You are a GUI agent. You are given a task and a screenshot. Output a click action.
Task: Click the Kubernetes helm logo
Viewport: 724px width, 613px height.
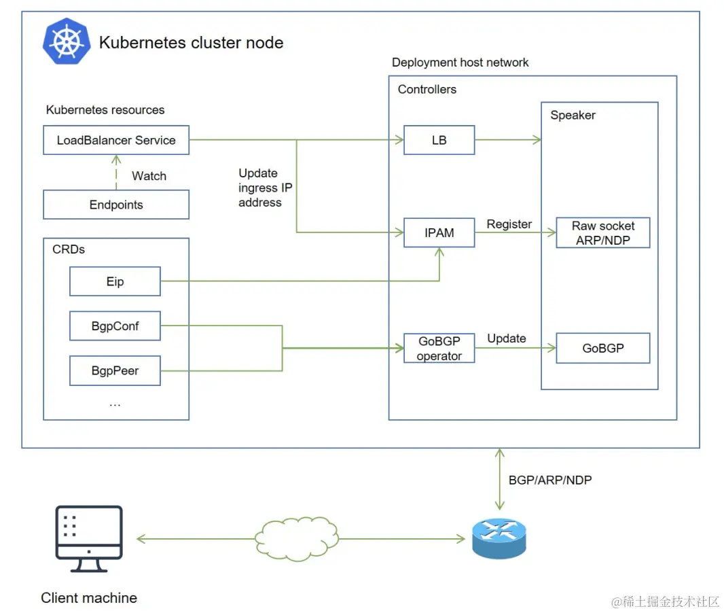pyautogui.click(x=67, y=41)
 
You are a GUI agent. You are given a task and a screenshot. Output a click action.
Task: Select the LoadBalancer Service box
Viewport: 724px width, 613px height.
pyautogui.click(x=116, y=141)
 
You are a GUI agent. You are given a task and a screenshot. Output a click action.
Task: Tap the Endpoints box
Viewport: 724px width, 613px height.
pyautogui.click(x=116, y=205)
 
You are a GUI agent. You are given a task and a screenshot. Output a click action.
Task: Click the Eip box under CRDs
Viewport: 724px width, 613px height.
pyautogui.click(x=115, y=281)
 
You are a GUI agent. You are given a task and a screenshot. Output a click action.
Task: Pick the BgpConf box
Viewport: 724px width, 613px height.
pyautogui.click(x=115, y=326)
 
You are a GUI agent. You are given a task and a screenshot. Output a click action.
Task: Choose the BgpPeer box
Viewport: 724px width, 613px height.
pyautogui.click(x=115, y=371)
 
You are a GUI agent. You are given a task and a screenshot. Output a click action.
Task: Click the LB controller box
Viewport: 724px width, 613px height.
pyautogui.click(x=439, y=140)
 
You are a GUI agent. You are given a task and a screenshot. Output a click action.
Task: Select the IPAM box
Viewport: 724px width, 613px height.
pyautogui.click(x=439, y=232)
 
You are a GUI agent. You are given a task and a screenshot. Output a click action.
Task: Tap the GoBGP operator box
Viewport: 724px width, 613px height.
pyautogui.click(x=439, y=348)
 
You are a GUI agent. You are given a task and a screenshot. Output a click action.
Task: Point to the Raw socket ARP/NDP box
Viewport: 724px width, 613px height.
pyautogui.click(x=603, y=233)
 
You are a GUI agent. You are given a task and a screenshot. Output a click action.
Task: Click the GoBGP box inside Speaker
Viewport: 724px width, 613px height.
pyautogui.click(x=603, y=348)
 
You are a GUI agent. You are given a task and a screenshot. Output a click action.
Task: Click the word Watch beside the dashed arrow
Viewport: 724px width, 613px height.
pyautogui.click(x=149, y=176)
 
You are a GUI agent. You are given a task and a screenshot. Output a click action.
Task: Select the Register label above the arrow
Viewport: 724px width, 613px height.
pyautogui.click(x=509, y=224)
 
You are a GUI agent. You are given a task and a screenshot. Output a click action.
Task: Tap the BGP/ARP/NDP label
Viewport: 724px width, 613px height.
pyautogui.click(x=550, y=480)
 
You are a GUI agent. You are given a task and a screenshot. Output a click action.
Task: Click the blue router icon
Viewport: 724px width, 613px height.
pyautogui.click(x=499, y=538)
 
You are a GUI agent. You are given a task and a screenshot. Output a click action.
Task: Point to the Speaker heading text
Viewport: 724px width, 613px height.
pyautogui.click(x=573, y=116)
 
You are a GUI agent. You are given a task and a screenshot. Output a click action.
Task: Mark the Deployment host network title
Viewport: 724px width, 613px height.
pyautogui.click(x=460, y=63)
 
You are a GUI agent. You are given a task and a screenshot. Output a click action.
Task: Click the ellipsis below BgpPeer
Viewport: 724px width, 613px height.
pyautogui.click(x=115, y=403)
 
